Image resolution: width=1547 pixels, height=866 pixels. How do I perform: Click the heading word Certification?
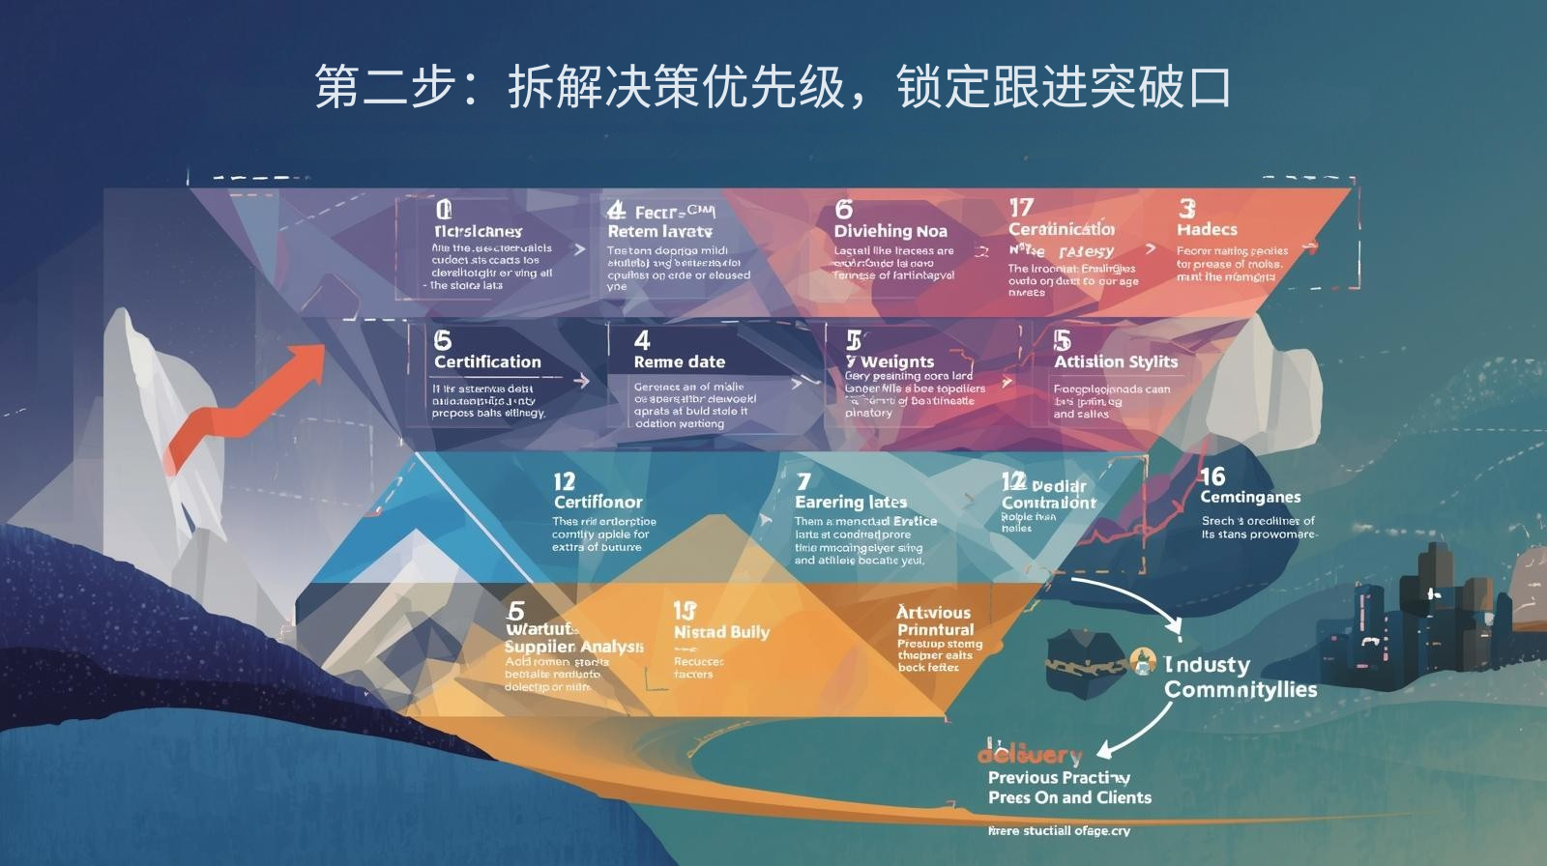tap(487, 362)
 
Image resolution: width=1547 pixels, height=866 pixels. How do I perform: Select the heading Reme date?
tap(679, 362)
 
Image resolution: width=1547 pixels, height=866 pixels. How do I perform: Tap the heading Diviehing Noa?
tap(890, 232)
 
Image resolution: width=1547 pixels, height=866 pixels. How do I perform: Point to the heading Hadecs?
tap(1207, 230)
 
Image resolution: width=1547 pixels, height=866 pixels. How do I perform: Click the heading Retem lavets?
tap(659, 232)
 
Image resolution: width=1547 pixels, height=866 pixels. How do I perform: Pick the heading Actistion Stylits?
tap(1116, 362)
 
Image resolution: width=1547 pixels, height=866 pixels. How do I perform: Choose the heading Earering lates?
tap(851, 503)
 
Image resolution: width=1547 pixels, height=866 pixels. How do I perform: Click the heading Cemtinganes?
tap(1250, 498)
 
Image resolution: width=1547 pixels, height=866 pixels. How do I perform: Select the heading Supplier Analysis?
tap(573, 647)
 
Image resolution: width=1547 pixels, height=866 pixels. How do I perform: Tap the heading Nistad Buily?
tap(721, 633)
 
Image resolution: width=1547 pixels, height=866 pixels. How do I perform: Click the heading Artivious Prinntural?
tap(935, 621)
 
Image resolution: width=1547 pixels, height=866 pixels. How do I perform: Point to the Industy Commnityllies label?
tap(1240, 678)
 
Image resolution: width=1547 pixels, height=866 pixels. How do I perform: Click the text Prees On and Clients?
tap(1069, 798)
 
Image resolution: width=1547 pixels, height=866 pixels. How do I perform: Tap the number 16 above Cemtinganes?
tap(1212, 476)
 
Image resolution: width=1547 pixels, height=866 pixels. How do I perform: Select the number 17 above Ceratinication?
tap(1021, 208)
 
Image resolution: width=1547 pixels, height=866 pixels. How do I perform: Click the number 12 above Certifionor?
tap(564, 481)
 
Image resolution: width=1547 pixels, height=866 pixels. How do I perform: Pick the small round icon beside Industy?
tap(1144, 662)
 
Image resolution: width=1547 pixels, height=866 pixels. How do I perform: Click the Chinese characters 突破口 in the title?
tap(1158, 87)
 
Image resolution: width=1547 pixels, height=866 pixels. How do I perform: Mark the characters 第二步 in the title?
tap(385, 87)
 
